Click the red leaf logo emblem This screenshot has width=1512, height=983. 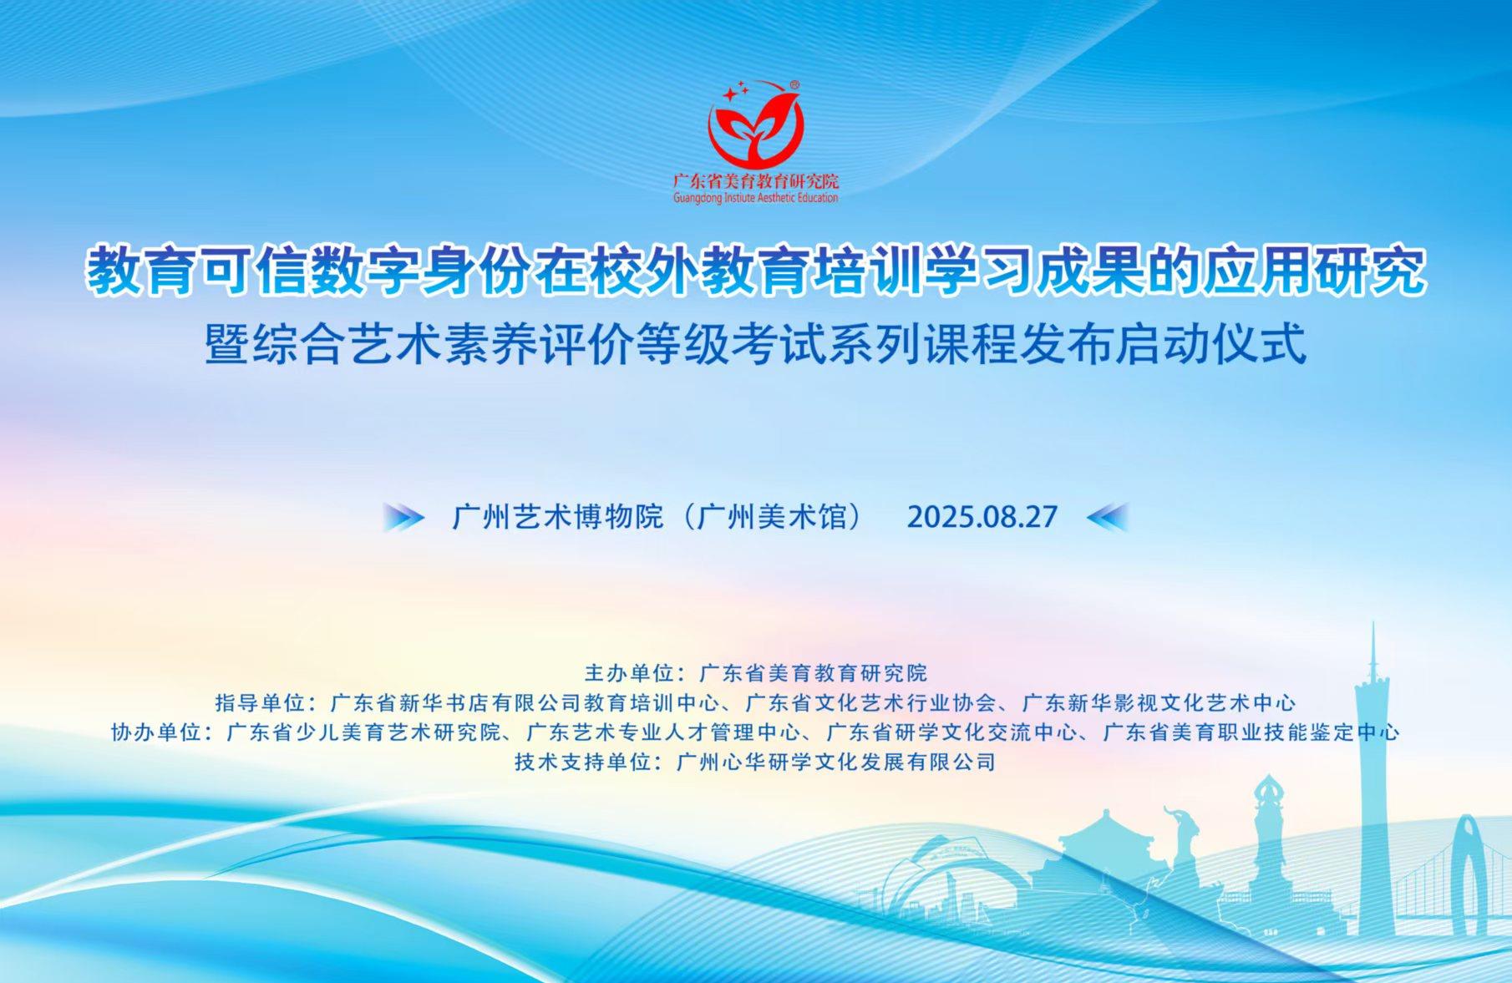(x=756, y=124)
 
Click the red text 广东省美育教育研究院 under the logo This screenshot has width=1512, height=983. (x=756, y=181)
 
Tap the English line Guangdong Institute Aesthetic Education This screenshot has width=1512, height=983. (x=756, y=198)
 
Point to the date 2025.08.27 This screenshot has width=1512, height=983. (x=982, y=517)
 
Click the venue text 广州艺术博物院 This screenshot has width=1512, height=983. (x=557, y=517)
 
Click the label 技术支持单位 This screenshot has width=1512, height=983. (x=582, y=762)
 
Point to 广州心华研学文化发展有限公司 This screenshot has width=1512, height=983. (x=836, y=762)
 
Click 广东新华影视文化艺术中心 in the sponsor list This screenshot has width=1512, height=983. (x=1159, y=702)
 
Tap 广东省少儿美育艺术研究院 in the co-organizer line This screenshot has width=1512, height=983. (x=364, y=732)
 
